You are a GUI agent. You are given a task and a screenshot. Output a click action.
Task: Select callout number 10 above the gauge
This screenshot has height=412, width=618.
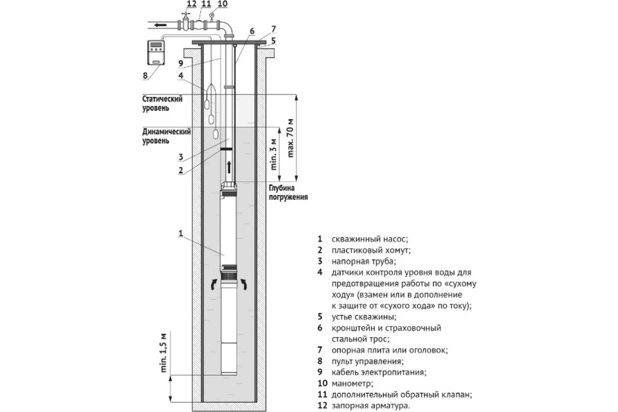click(x=222, y=4)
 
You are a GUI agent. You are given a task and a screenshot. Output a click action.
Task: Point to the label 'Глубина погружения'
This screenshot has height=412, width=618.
click(x=287, y=193)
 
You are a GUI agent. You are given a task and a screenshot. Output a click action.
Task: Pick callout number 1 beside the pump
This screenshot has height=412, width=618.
click(x=181, y=233)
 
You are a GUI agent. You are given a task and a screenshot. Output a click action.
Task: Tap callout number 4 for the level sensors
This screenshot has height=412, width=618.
click(x=181, y=76)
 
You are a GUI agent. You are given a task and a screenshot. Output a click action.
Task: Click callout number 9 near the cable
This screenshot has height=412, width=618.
click(x=181, y=63)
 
